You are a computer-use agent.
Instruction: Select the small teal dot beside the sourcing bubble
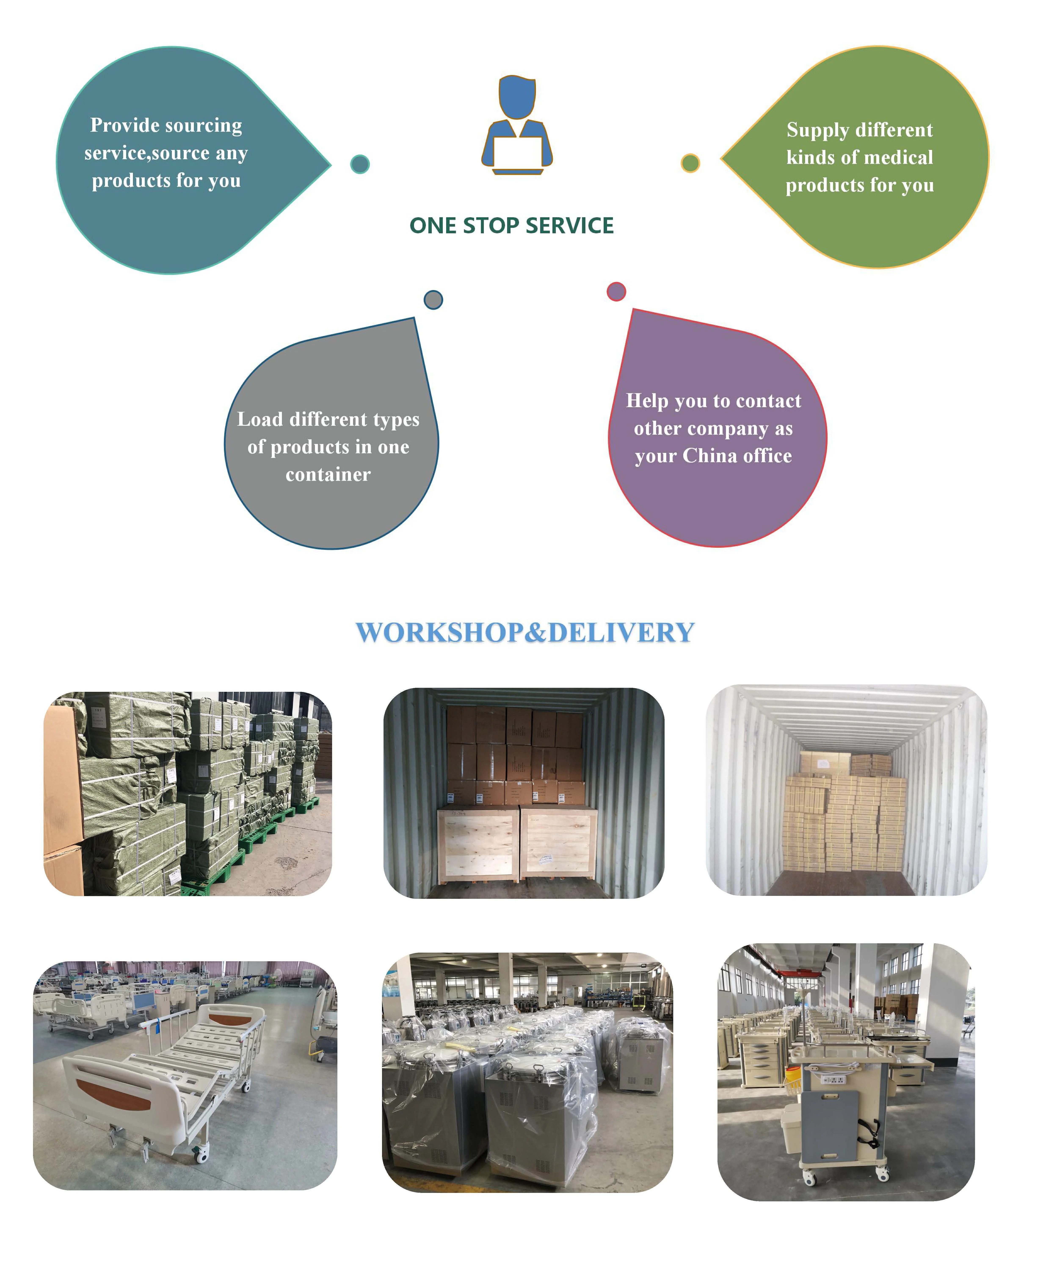tap(360, 164)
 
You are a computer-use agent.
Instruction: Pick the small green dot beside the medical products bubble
tap(690, 163)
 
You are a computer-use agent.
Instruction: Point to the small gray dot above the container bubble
tap(433, 300)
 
